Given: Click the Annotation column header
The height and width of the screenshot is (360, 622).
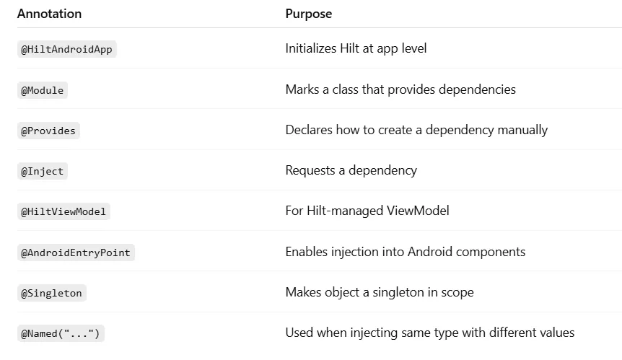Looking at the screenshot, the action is coord(49,14).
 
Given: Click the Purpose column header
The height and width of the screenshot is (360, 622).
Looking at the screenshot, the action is coord(308,14).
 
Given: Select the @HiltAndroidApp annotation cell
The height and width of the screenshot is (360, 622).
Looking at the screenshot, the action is coord(66,50).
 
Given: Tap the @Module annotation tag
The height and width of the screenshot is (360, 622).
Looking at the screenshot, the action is coord(43,90).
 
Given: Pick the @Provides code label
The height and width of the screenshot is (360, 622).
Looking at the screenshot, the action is coord(48,131).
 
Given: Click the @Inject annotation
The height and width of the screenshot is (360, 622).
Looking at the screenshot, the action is coord(43,171).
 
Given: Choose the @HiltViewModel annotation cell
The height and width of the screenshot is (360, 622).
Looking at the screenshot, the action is coord(63,211).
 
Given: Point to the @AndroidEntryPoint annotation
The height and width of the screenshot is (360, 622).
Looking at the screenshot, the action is coord(76,253).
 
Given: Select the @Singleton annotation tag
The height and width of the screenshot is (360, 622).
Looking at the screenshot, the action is coord(52,293).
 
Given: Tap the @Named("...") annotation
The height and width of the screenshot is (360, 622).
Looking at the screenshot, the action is coord(61,333).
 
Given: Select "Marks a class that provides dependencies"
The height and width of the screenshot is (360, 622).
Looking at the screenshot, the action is coord(400,89).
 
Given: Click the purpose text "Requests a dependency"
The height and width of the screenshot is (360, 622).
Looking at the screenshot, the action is coord(351,170).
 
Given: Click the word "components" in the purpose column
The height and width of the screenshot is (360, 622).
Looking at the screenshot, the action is coord(491,252).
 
